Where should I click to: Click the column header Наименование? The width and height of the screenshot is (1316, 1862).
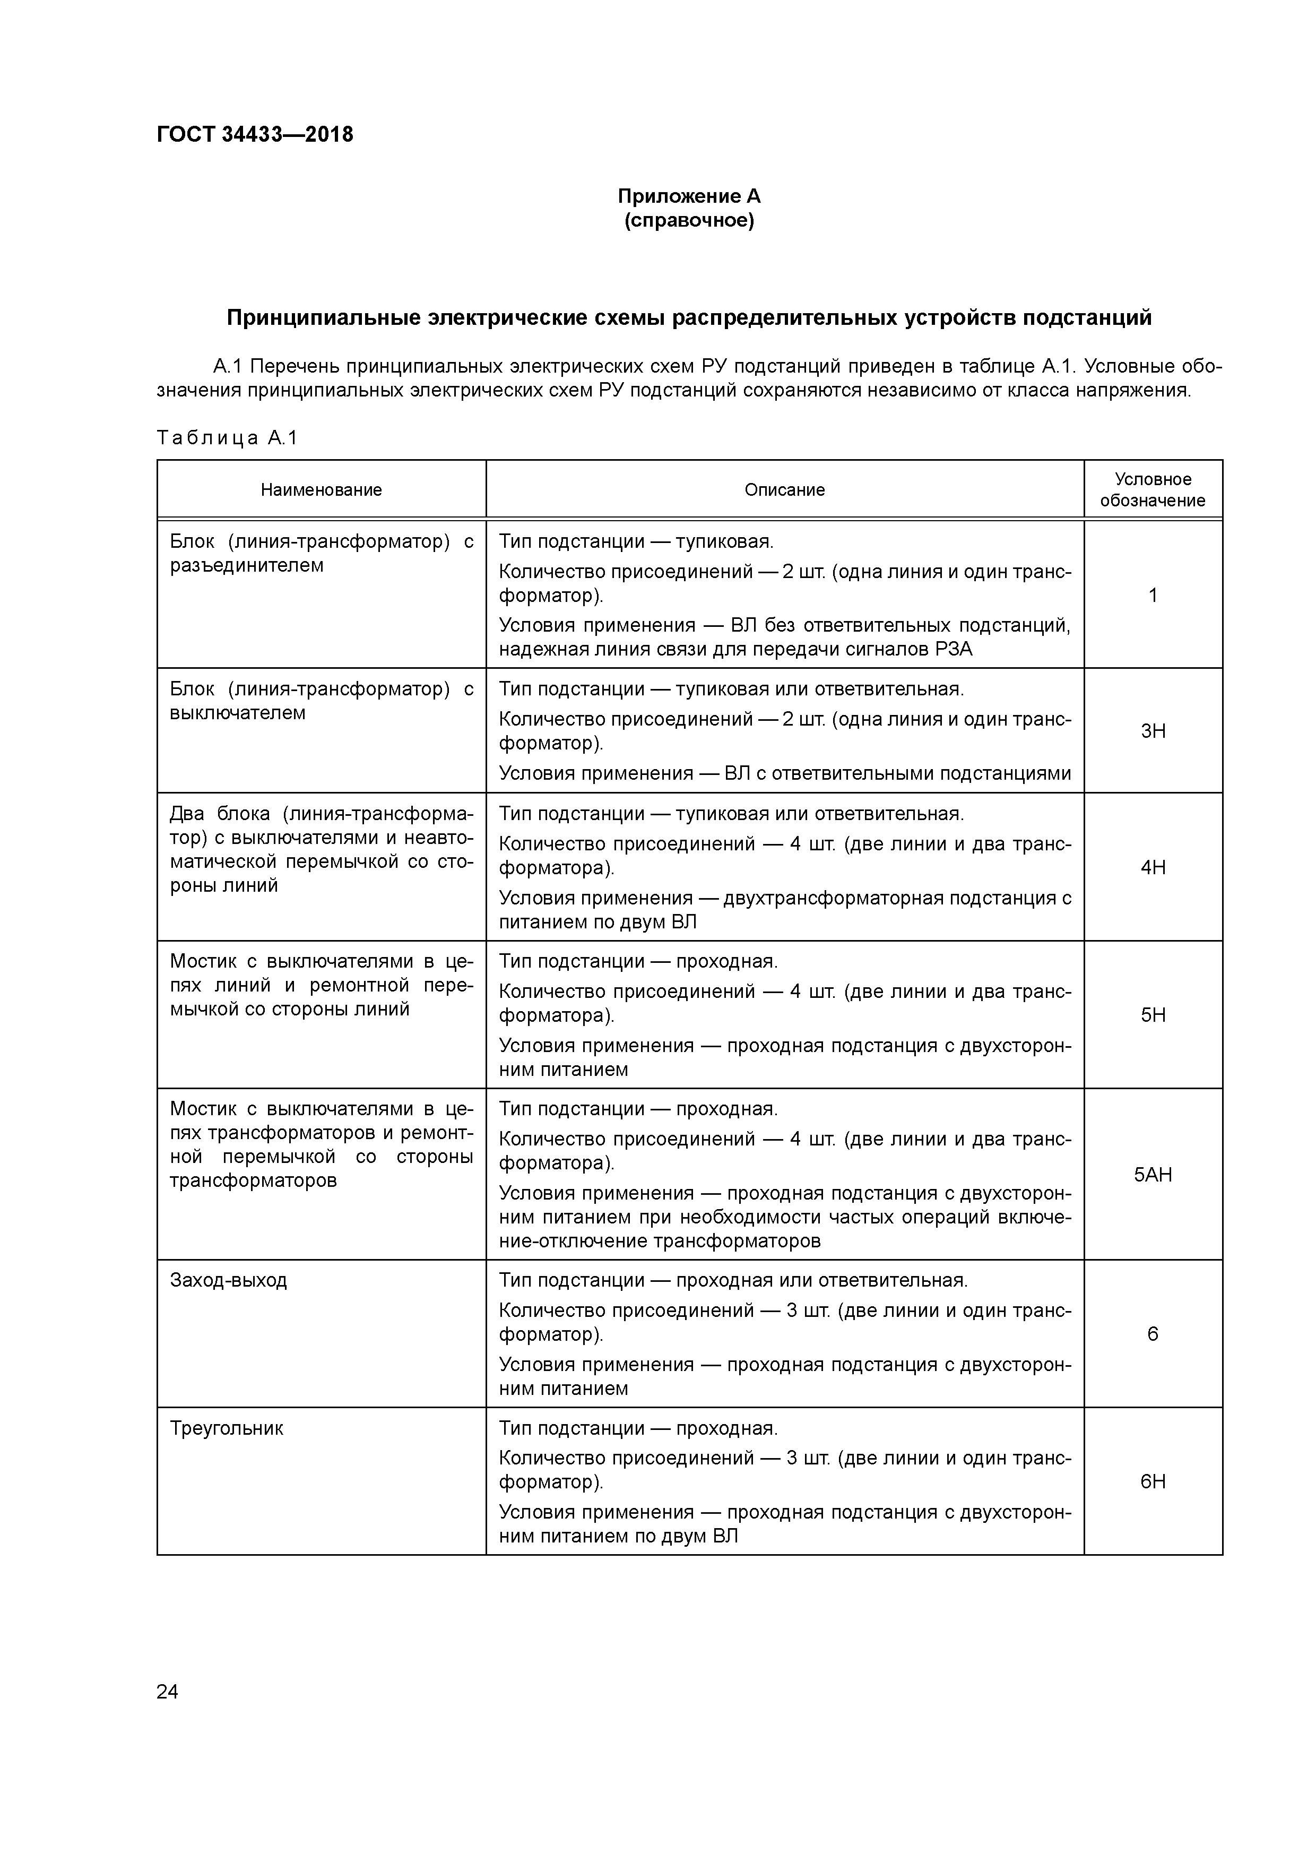(321, 490)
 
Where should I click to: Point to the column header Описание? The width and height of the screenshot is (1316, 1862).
(784, 490)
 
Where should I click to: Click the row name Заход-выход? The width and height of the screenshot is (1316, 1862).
(229, 1281)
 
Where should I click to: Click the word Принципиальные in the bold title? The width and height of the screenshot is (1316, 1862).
(324, 318)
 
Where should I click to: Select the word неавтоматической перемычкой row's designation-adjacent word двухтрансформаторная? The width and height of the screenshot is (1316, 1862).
(833, 898)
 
